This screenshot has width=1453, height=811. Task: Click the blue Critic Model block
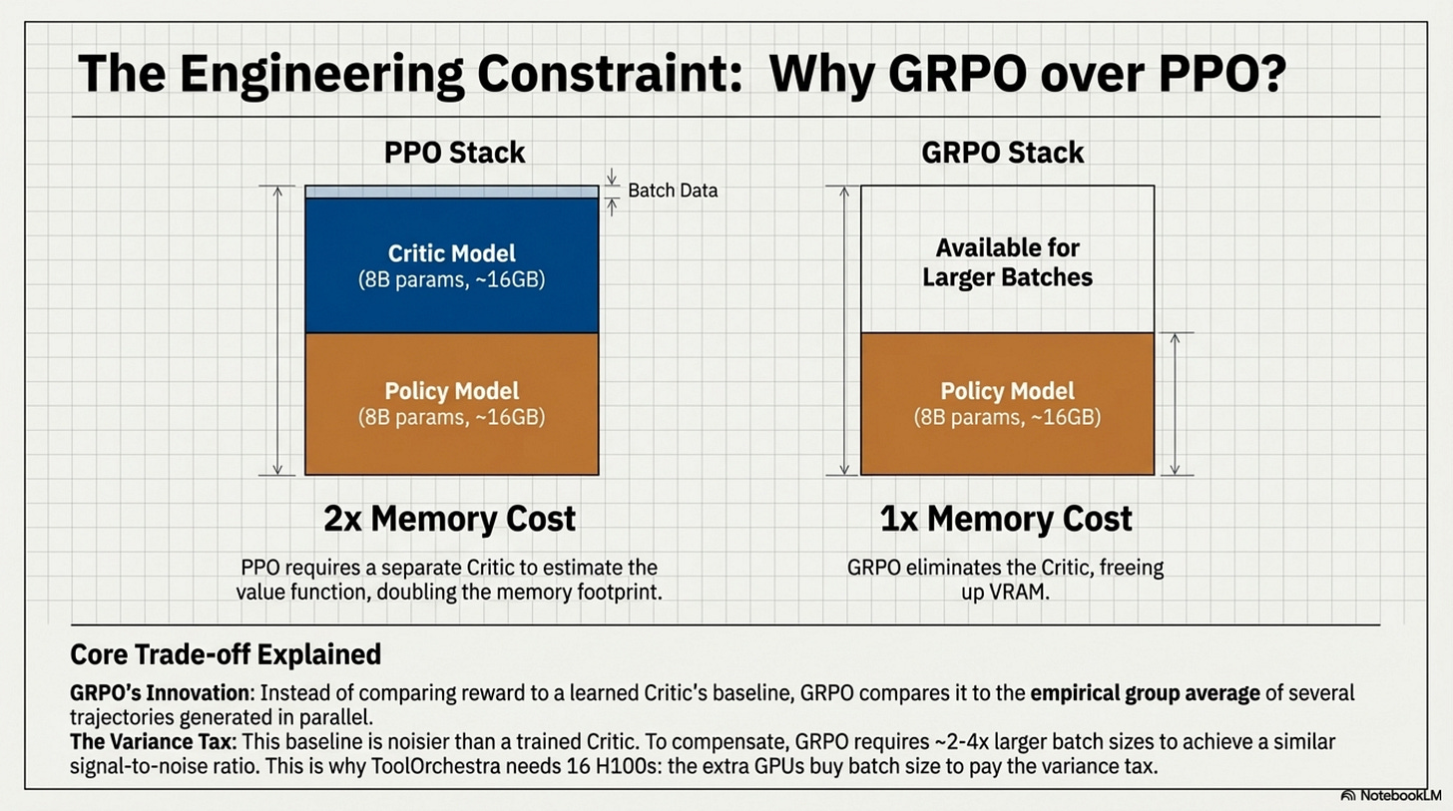[x=451, y=265]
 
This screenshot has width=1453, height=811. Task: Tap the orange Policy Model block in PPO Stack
[x=451, y=403]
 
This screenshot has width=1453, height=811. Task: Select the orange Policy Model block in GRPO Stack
[x=1007, y=403]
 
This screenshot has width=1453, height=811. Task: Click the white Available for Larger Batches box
[x=1007, y=261]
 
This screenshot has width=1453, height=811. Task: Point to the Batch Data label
[x=672, y=191]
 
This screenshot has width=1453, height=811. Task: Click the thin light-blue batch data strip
[x=451, y=192]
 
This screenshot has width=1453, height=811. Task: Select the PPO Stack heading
[x=454, y=153]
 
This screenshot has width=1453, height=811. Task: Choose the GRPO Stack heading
[x=1003, y=153]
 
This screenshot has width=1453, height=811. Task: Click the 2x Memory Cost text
[x=449, y=519]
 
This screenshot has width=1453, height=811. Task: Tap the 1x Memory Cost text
[x=1007, y=519]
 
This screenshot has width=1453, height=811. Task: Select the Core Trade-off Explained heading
[x=226, y=654]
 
